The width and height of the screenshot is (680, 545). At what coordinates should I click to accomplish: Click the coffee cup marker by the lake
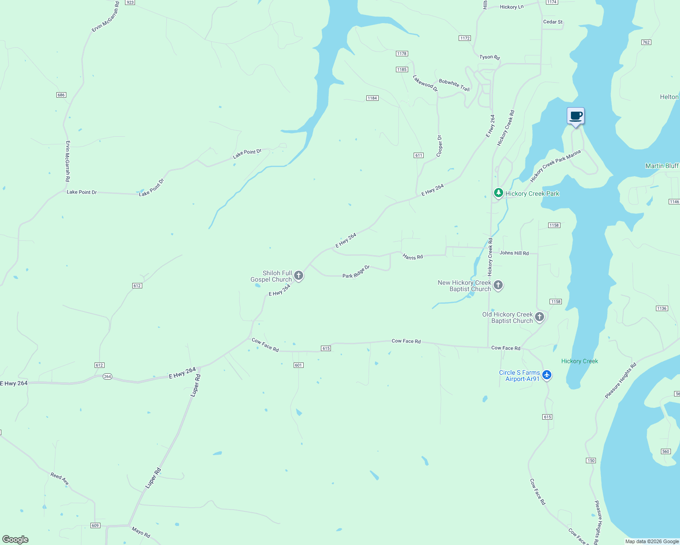[x=575, y=116]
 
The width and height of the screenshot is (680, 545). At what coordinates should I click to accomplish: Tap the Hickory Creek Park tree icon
[x=499, y=193]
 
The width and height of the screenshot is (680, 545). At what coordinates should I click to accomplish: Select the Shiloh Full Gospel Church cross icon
[x=299, y=275]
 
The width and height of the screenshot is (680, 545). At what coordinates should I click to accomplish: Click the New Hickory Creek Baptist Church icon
[x=498, y=285]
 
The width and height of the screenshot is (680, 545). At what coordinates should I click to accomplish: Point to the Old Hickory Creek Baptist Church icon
[x=540, y=317]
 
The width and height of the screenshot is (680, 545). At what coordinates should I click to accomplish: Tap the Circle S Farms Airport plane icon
[x=547, y=375]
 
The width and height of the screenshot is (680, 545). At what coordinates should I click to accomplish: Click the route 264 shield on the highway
[x=107, y=377]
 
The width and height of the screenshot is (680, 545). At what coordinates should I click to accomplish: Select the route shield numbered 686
[x=61, y=95]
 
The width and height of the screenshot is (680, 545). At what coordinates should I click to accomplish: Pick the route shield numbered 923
[x=130, y=2]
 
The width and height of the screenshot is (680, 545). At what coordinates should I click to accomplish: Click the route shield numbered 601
[x=298, y=365]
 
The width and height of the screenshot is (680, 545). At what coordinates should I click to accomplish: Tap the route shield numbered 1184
[x=372, y=98]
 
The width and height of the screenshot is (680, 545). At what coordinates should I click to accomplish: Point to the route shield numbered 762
[x=646, y=42]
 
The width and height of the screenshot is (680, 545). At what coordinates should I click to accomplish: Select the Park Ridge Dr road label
[x=356, y=272]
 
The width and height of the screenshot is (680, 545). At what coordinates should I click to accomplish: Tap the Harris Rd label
[x=413, y=257]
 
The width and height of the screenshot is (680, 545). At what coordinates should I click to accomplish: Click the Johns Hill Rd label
[x=514, y=253]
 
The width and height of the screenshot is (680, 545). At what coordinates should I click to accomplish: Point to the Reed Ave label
[x=60, y=478]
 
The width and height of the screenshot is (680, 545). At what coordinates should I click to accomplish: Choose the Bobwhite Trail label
[x=454, y=85]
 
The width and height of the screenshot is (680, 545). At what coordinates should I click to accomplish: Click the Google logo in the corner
[x=15, y=540]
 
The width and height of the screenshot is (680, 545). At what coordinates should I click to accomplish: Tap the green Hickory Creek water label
[x=580, y=361]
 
